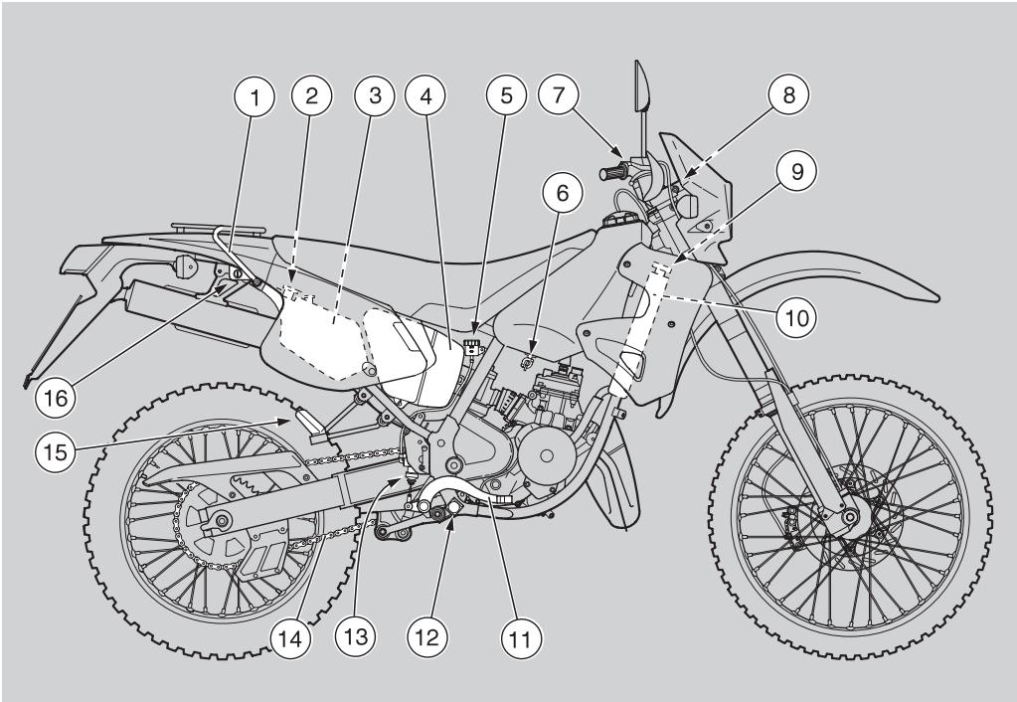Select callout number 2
(x=312, y=97)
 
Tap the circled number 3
(x=375, y=97)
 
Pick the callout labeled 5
(x=506, y=97)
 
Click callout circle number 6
(x=562, y=194)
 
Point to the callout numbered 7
(x=559, y=97)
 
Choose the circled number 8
(x=788, y=97)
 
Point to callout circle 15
(x=55, y=452)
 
